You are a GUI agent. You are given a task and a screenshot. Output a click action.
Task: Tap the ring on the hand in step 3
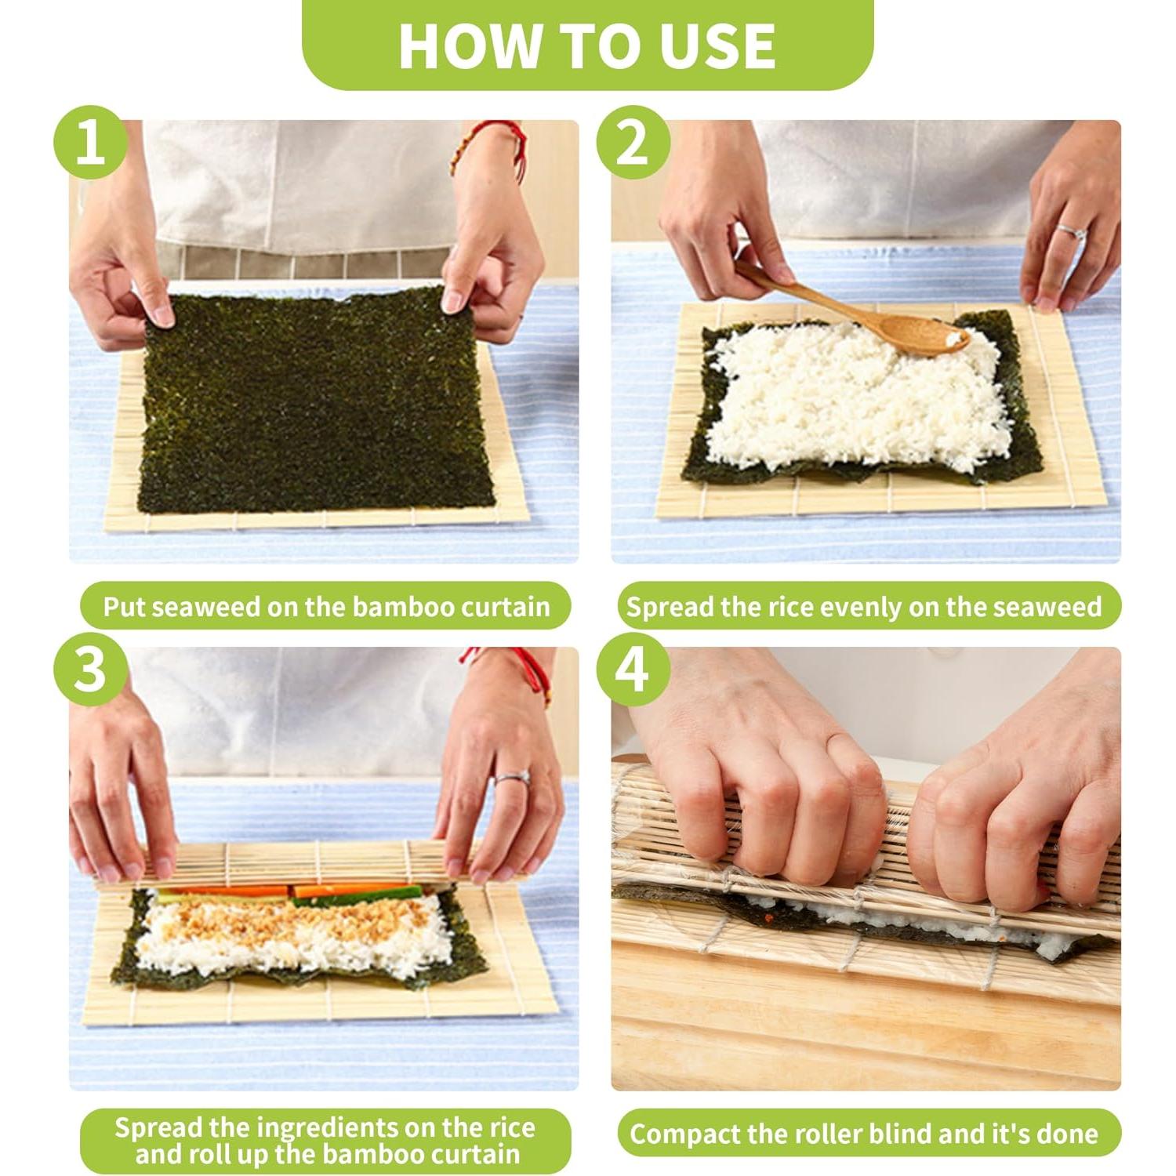(510, 778)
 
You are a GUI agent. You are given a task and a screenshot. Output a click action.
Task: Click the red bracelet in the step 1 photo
(490, 145)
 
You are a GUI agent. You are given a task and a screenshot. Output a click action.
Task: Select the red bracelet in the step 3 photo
(510, 670)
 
